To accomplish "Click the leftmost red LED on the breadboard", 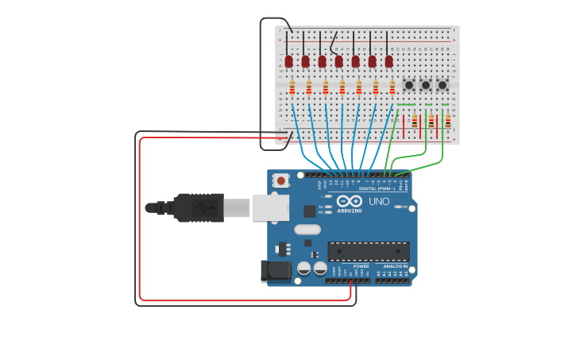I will click(288, 61).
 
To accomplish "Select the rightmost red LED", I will click(389, 61).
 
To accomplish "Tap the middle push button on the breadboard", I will click(426, 85).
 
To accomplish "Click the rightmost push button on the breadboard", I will click(443, 85).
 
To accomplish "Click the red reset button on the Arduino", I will click(280, 180).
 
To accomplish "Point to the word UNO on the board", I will click(379, 202).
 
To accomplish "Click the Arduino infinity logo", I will click(350, 201).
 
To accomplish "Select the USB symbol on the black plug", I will click(203, 208).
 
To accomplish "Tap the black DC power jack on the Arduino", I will click(276, 270).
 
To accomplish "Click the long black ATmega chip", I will click(369, 251).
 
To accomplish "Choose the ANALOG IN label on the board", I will click(395, 266).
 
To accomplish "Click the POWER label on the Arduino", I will click(361, 266).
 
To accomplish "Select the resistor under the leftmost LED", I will click(292, 87).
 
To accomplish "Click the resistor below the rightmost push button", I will click(448, 122).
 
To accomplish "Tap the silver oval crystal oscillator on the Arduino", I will click(307, 230).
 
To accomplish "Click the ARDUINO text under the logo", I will click(350, 211).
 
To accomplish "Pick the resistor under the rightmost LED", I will click(392, 87).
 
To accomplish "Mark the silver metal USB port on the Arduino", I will click(270, 207).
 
